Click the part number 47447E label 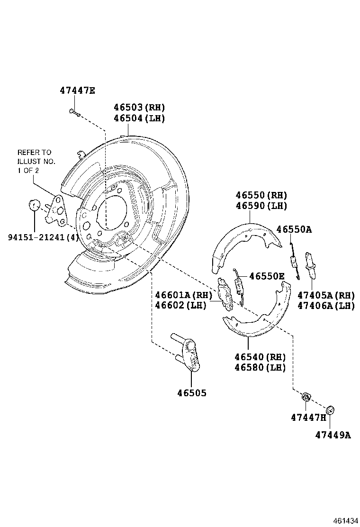tap(78, 91)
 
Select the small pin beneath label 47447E tap(75, 113)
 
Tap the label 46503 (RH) tap(139, 108)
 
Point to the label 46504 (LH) tap(139, 118)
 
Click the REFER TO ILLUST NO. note tap(36, 161)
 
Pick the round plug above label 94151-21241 tap(34, 205)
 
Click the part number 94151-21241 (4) tap(43, 237)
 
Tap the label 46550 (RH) tap(261, 195)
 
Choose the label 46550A tap(294, 229)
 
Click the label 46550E tap(267, 276)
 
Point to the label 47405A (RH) tap(326, 295)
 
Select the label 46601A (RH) tap(184, 295)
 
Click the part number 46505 tap(192, 393)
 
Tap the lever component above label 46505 tap(188, 353)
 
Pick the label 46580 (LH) tap(260, 367)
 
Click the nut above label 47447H tap(306, 397)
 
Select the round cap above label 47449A tap(330, 410)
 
